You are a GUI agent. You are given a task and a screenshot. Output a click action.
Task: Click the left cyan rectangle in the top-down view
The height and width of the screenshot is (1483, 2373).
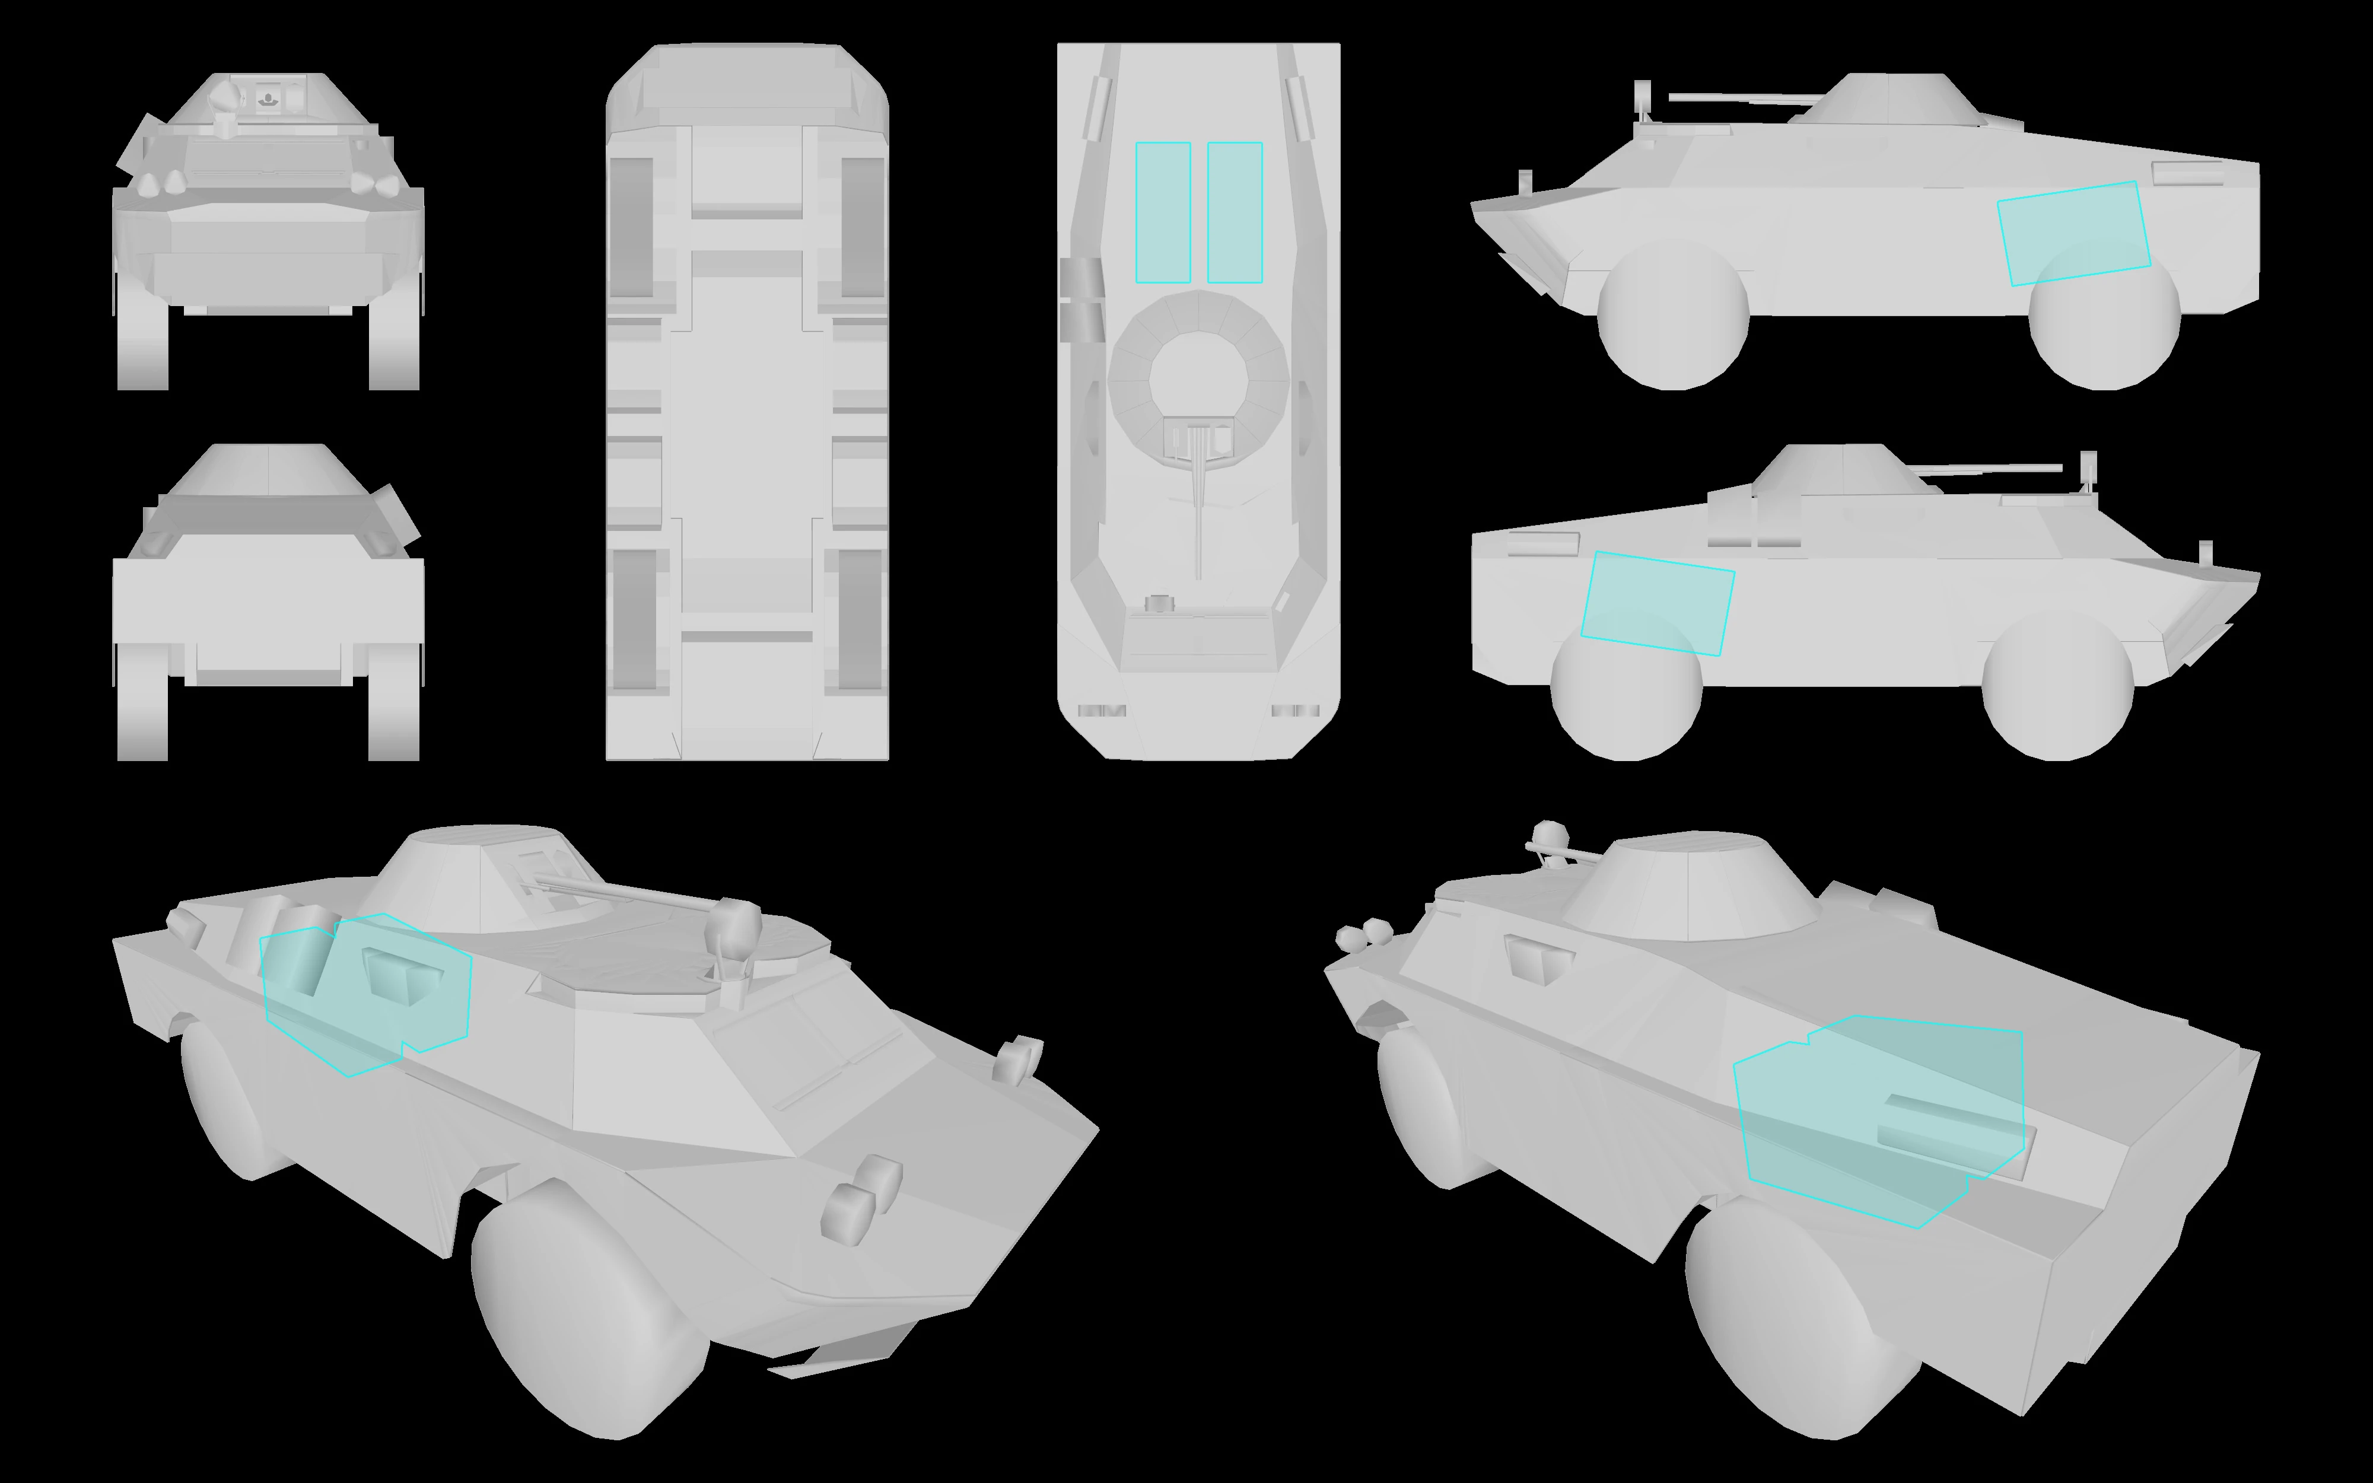1163,213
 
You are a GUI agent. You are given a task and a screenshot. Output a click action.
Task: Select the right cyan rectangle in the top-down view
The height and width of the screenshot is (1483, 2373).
1235,213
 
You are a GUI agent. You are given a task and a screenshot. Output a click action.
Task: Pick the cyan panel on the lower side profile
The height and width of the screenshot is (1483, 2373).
1657,603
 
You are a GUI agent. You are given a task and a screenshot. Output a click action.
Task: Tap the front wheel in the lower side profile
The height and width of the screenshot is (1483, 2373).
2057,686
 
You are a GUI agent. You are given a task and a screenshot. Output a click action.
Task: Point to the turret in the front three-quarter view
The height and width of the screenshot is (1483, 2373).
481,878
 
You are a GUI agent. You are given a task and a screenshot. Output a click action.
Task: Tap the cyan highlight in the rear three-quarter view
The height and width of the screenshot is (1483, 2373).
1878,1118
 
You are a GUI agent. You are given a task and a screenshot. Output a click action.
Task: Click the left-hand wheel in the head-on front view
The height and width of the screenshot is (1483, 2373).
142,333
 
